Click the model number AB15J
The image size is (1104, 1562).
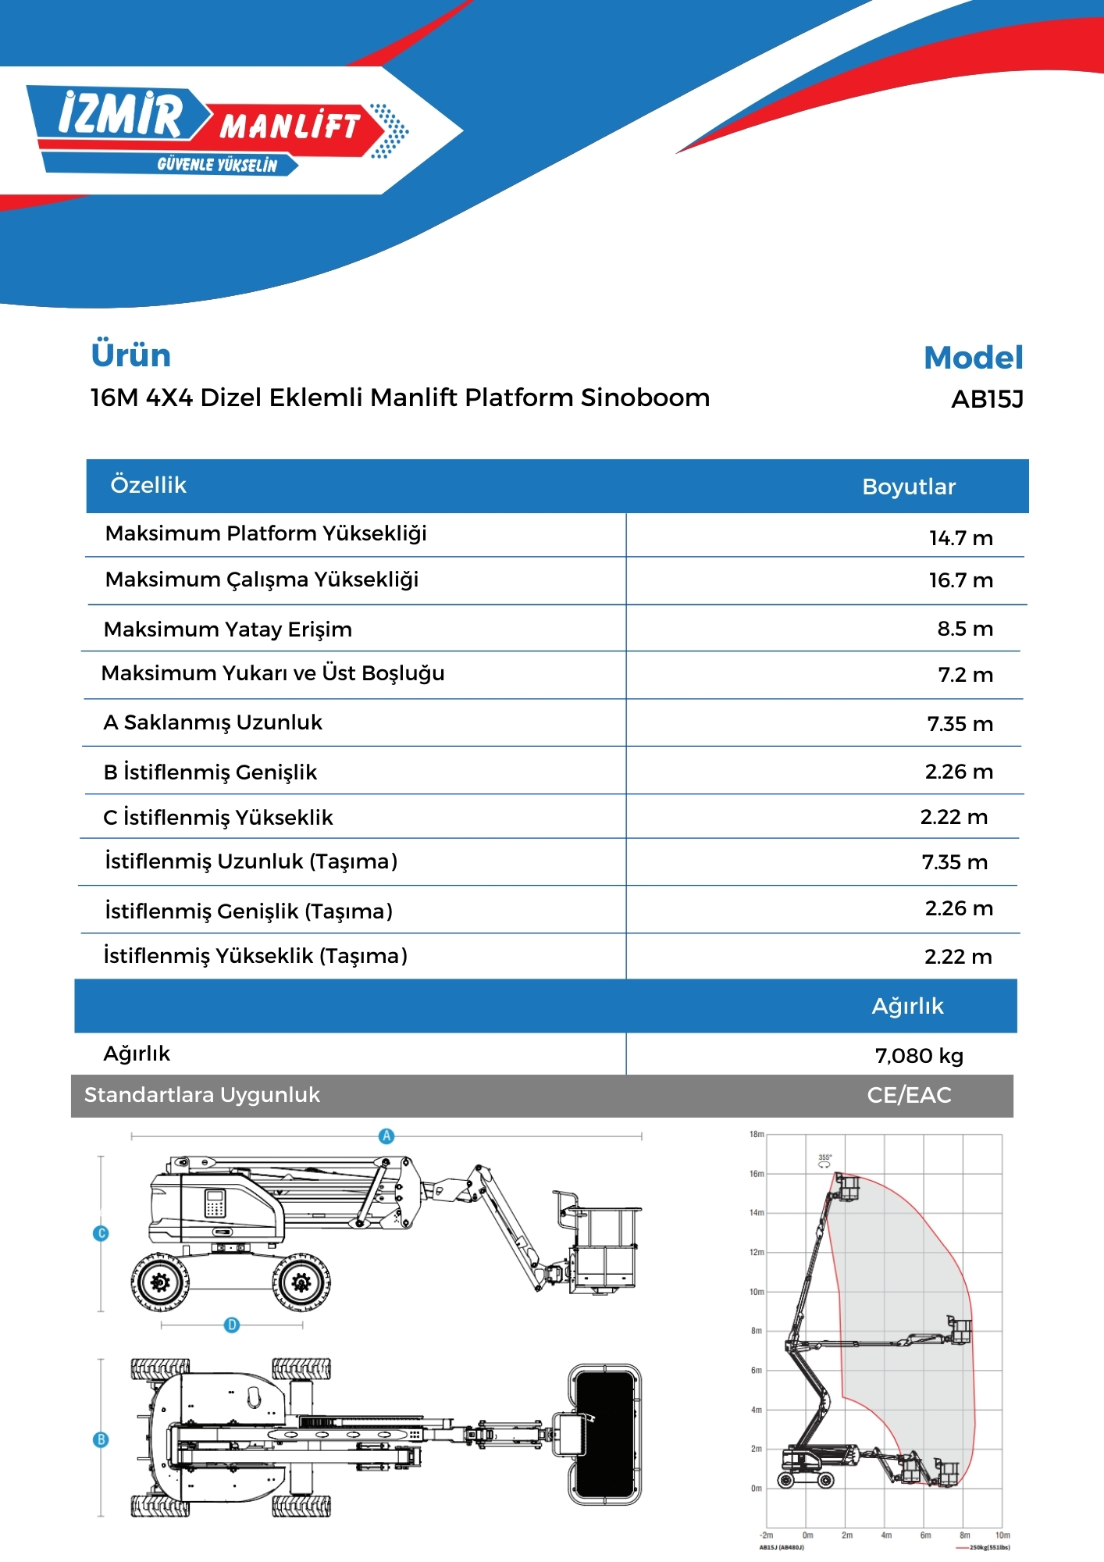[x=987, y=399]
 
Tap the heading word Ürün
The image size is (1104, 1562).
[x=130, y=355]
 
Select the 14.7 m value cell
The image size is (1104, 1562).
[x=960, y=538]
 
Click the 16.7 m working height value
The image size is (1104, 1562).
[x=960, y=580]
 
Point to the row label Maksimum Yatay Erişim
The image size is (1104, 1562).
[x=227, y=629]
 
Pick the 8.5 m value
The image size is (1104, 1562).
[x=965, y=629]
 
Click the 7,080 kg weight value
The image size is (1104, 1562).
[x=919, y=1056]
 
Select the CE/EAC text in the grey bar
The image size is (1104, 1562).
[x=909, y=1095]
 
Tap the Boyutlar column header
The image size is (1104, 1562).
[x=909, y=487]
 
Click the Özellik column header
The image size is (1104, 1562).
[x=148, y=485]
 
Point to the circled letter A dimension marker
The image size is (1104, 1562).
[x=386, y=1136]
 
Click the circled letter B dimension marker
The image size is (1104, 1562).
[x=101, y=1439]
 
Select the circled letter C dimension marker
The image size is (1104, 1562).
[x=101, y=1234]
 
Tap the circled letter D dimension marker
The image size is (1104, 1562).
[x=232, y=1325]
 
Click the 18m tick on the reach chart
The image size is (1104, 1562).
[x=757, y=1134]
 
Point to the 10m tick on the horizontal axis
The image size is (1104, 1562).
[x=1003, y=1535]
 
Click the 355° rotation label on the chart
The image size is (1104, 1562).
[x=824, y=1157]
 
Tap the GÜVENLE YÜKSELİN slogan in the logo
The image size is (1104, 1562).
[x=217, y=165]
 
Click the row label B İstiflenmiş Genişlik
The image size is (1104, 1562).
[x=210, y=772]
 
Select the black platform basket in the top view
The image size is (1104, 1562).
[x=604, y=1434]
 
